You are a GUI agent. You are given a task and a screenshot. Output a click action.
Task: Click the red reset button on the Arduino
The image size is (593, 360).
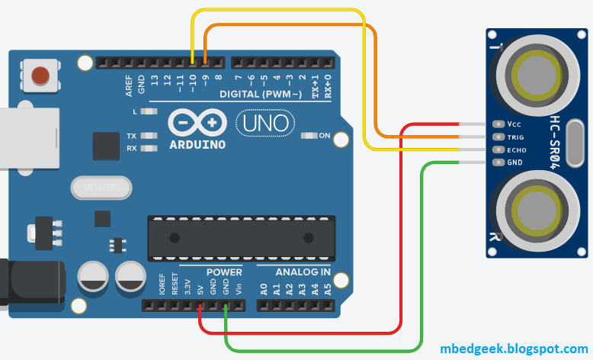point(40,75)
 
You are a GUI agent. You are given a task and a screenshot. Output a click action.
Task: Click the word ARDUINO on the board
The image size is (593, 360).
point(197,144)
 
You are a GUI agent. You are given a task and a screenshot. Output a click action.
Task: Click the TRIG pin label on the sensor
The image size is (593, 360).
point(517,137)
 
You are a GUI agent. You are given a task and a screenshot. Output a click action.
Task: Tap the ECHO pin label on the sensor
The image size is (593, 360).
point(517,150)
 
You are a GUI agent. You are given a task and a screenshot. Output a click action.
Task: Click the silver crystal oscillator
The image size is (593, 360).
point(101,187)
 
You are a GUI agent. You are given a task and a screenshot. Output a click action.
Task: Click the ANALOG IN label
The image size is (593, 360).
point(303,272)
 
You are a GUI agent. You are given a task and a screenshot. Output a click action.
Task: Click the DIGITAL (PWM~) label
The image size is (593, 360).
point(255,95)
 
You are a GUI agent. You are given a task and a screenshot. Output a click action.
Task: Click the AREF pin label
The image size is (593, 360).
point(130,82)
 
